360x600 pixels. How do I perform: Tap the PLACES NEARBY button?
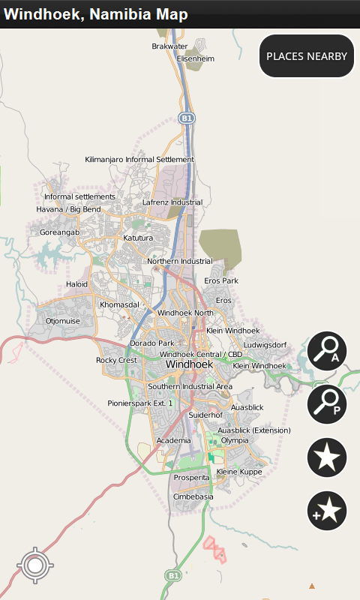coord(307,56)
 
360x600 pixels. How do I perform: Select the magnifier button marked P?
coord(327,403)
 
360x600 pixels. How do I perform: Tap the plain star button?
coord(327,457)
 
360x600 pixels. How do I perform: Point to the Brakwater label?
coord(169,46)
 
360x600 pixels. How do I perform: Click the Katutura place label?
coord(138,238)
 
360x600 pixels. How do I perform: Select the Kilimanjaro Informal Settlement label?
coord(139,160)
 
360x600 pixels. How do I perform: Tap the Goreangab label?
coord(59,232)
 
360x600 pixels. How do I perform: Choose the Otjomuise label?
coord(62,321)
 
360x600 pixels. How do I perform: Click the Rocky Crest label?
coord(116,360)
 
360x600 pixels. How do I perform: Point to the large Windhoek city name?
coord(189,364)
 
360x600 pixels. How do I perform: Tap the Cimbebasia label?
coord(193,496)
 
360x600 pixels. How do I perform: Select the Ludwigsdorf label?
coord(265,345)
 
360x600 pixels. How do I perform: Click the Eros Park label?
coord(221,280)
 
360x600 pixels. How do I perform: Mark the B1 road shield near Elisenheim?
coord(187,118)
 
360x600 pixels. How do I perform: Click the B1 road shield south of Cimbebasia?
coord(173,575)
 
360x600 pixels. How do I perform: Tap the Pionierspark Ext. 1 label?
coord(140,403)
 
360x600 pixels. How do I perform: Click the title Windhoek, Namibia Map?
coord(96,14)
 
